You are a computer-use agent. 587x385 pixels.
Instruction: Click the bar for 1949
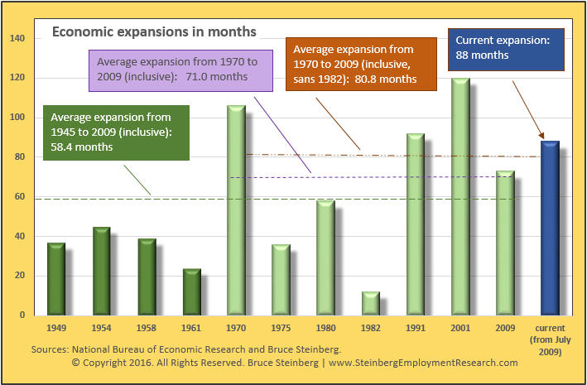point(56,279)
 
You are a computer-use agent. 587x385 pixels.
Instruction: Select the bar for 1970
point(236,210)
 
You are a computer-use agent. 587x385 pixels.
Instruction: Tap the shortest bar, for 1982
point(371,303)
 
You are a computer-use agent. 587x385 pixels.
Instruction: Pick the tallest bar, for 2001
point(460,196)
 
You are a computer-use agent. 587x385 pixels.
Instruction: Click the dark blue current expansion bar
point(550,228)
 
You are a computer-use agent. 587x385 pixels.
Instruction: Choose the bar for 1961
point(192,292)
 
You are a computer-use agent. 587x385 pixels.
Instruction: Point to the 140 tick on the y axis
point(18,38)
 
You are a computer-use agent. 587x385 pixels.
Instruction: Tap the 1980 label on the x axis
point(325,328)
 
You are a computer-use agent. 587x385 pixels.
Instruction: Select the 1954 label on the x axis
point(102,328)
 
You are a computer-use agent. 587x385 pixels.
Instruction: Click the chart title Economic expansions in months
point(154,31)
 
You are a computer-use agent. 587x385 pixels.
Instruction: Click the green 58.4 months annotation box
point(117,132)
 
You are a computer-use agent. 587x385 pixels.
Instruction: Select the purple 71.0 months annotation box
point(180,70)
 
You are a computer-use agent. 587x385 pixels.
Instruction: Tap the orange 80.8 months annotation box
point(361,64)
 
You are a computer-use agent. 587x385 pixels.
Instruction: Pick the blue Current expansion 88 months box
point(506,50)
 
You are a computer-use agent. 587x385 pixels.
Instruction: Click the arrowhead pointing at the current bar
point(541,136)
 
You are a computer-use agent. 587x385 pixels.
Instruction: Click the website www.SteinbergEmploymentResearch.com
point(423,363)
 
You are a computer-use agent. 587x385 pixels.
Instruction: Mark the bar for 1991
point(416,224)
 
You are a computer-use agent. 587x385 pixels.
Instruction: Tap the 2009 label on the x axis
point(505,328)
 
